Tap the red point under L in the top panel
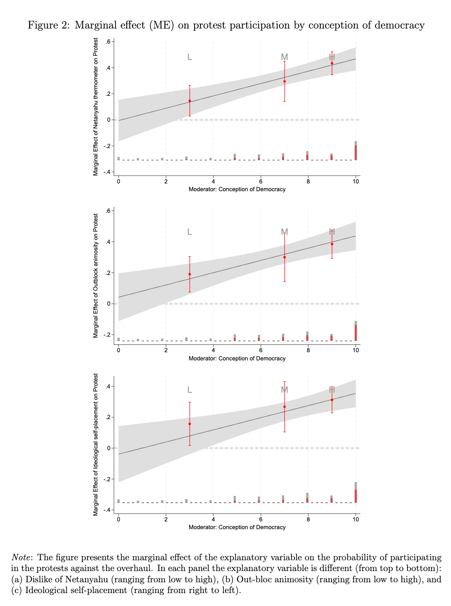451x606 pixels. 190,101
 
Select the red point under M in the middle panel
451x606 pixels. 285,257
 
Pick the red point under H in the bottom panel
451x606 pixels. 332,400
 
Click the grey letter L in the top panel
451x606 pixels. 190,57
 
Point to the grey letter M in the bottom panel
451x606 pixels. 285,390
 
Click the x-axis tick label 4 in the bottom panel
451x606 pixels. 213,519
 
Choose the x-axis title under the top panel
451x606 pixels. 237,189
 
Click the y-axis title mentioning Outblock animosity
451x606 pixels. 96,276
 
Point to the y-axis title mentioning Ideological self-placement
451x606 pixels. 96,444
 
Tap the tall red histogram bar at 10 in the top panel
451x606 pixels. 356,152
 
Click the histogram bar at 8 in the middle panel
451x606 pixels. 307,337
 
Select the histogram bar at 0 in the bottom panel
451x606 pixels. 119,501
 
